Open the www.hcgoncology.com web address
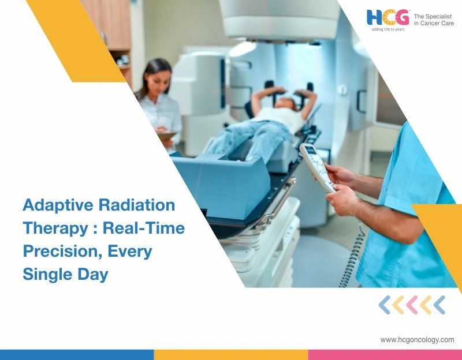417,340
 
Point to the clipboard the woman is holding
167,135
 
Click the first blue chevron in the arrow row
384,305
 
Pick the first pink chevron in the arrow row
412,305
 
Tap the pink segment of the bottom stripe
385,354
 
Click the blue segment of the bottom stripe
77,354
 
